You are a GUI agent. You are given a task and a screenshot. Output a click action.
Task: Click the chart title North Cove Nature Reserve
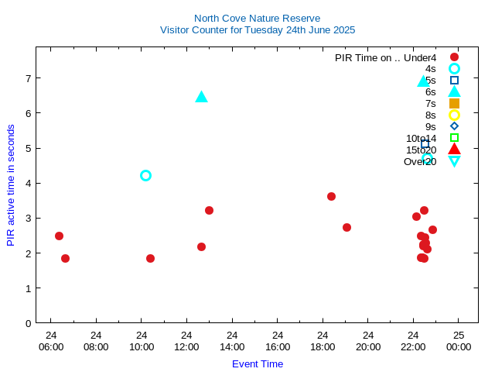[x=257, y=18]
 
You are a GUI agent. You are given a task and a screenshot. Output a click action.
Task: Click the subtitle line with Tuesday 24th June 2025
[x=257, y=30]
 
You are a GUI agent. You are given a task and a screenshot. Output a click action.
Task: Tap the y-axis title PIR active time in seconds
[x=11, y=184]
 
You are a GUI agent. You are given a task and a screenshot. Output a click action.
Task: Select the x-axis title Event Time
[x=258, y=363]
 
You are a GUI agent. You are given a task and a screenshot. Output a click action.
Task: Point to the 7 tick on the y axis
[x=28, y=78]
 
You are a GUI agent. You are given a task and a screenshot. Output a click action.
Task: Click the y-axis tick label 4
[x=28, y=184]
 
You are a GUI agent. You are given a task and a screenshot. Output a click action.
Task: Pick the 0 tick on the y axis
[x=28, y=323]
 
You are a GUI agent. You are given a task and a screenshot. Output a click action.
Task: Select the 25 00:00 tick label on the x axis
[x=459, y=341]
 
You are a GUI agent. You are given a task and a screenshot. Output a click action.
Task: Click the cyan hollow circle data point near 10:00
[x=145, y=175]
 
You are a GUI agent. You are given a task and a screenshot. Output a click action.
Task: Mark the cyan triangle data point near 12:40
[x=201, y=97]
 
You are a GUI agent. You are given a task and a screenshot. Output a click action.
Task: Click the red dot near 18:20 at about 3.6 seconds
[x=331, y=196]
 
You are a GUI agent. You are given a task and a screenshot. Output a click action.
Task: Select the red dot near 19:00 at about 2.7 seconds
[x=346, y=227]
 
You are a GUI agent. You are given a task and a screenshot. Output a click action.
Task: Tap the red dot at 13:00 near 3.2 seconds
[x=209, y=210]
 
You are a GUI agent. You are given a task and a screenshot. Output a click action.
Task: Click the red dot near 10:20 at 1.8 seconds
[x=150, y=258]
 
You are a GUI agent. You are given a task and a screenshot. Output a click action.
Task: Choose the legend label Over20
[x=420, y=161]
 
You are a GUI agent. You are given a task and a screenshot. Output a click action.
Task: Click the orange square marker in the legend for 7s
[x=454, y=103]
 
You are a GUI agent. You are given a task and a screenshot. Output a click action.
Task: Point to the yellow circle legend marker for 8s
[x=454, y=115]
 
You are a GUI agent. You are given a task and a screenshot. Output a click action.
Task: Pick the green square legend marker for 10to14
[x=454, y=138]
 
